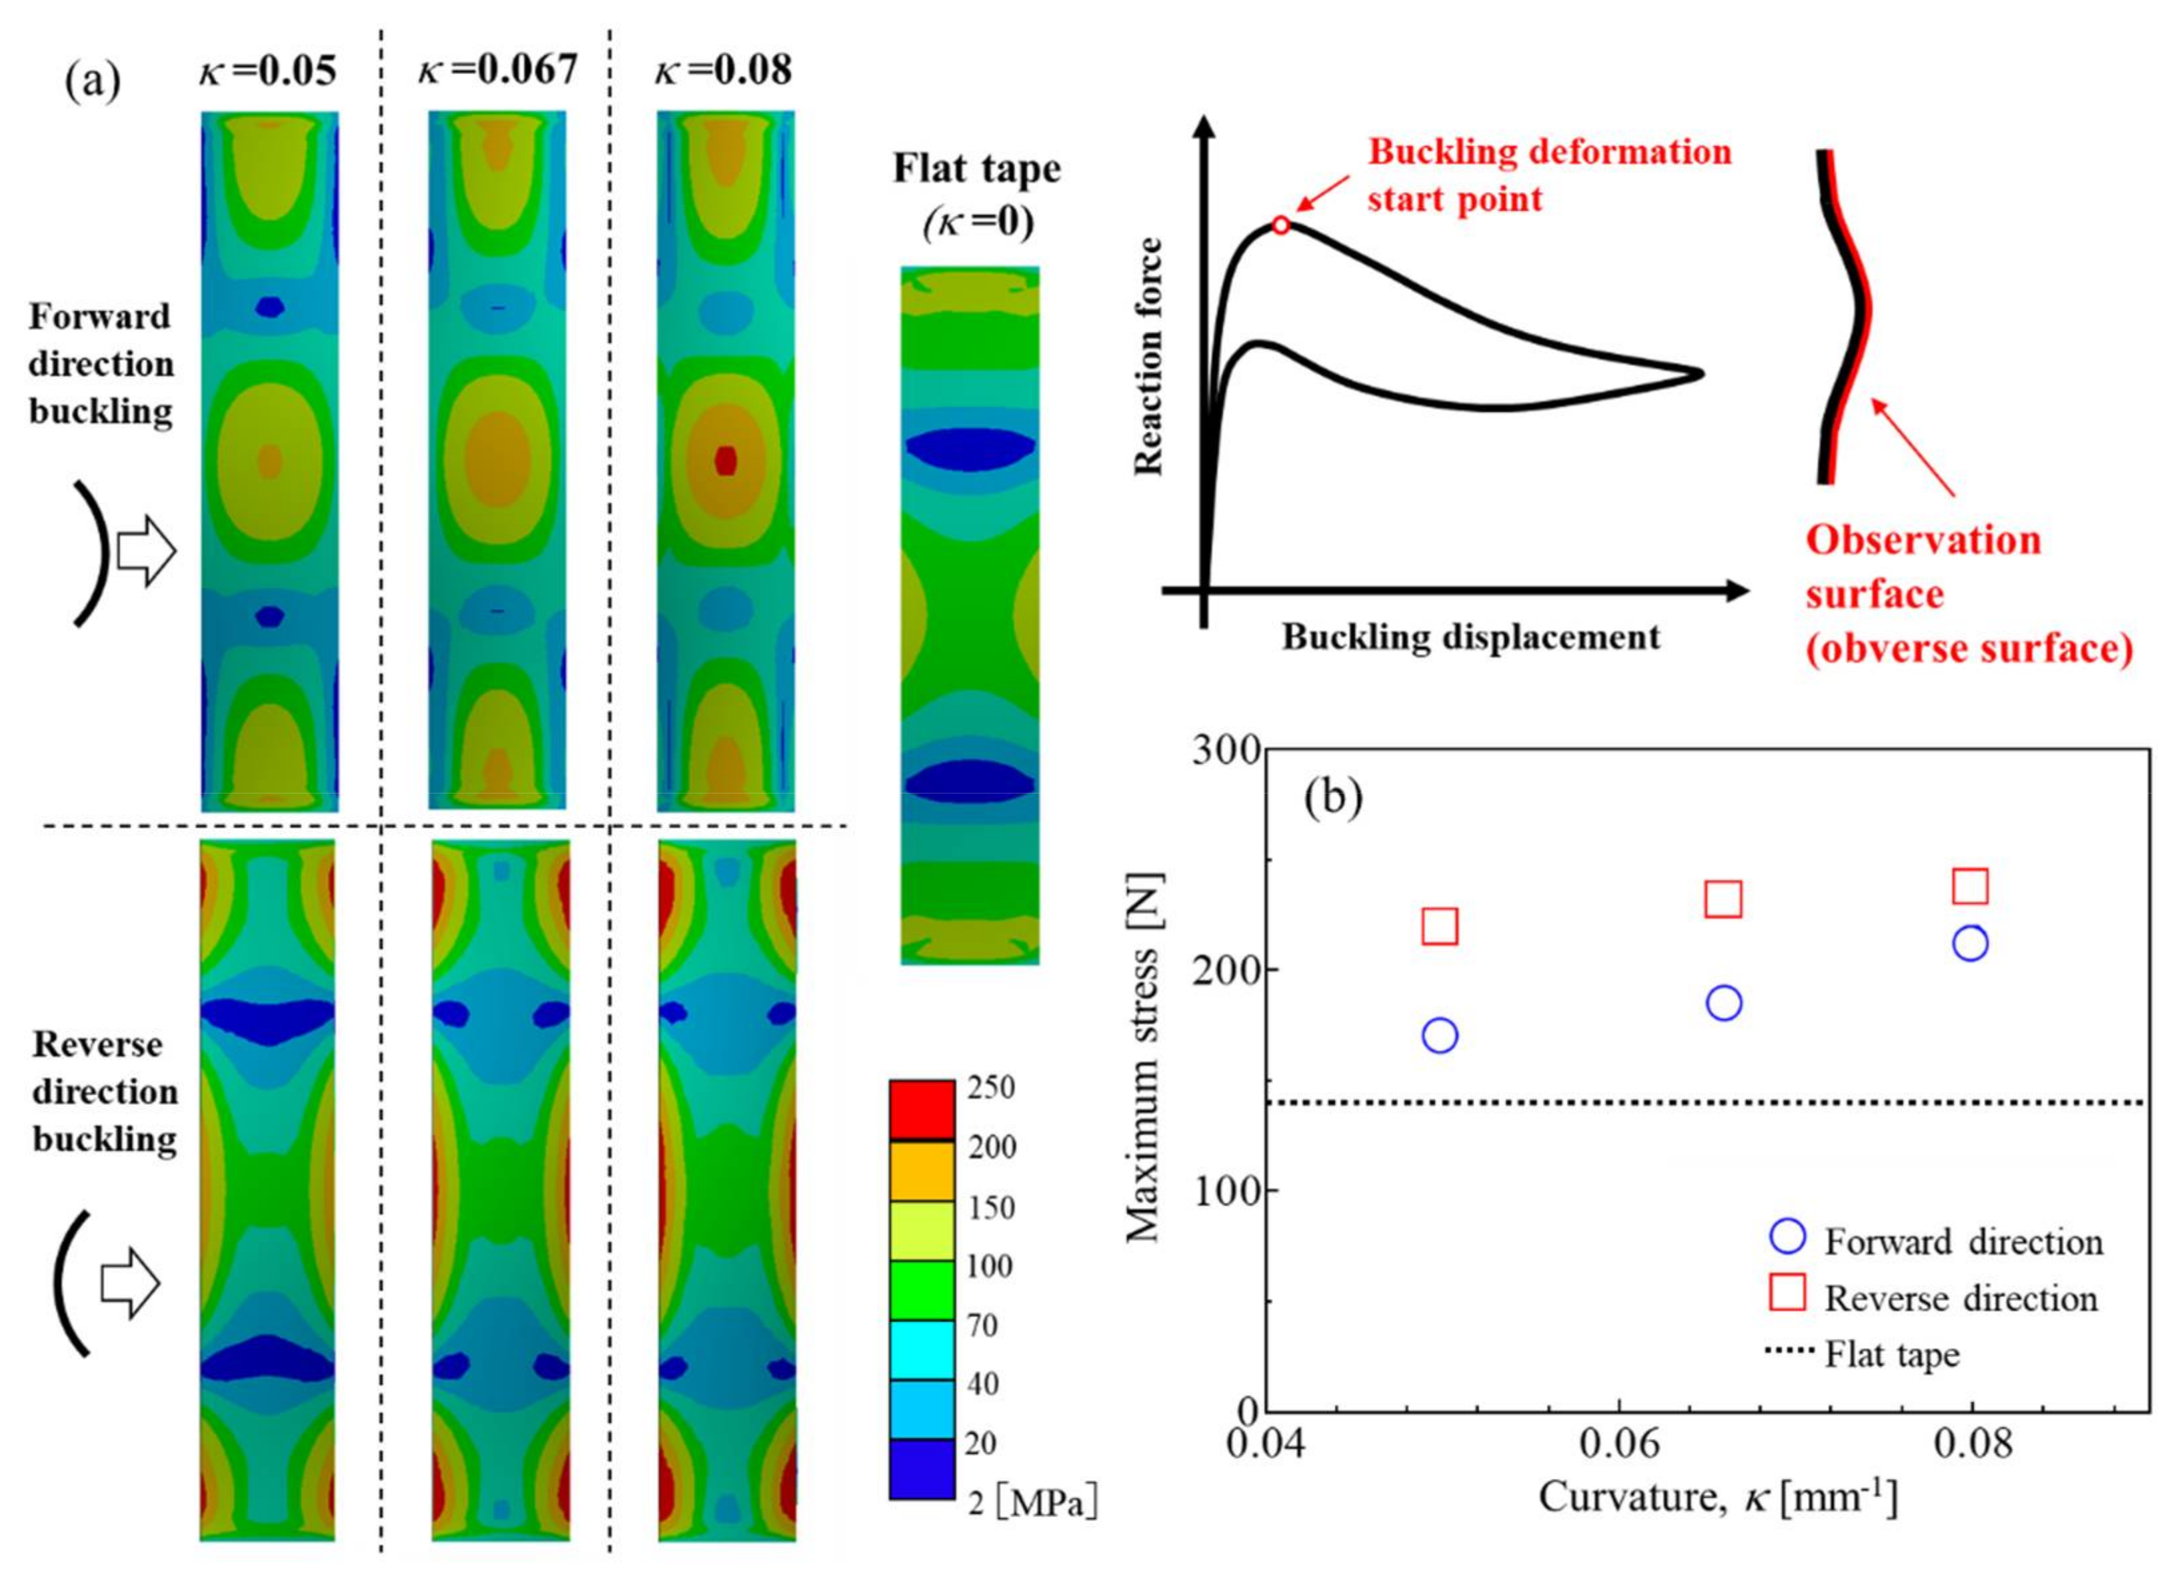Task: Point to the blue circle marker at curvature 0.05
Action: tap(1439, 1036)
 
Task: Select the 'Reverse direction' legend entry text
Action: tap(1961, 1299)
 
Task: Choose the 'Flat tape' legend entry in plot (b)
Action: tap(1891, 1355)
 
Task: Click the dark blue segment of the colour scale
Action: tap(922, 1469)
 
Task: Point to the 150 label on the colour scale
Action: tap(991, 1208)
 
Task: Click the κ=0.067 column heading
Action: tap(497, 69)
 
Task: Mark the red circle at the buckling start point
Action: tap(1280, 225)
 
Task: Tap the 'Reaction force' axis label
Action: tap(1149, 357)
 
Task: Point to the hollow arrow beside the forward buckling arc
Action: tap(146, 552)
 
